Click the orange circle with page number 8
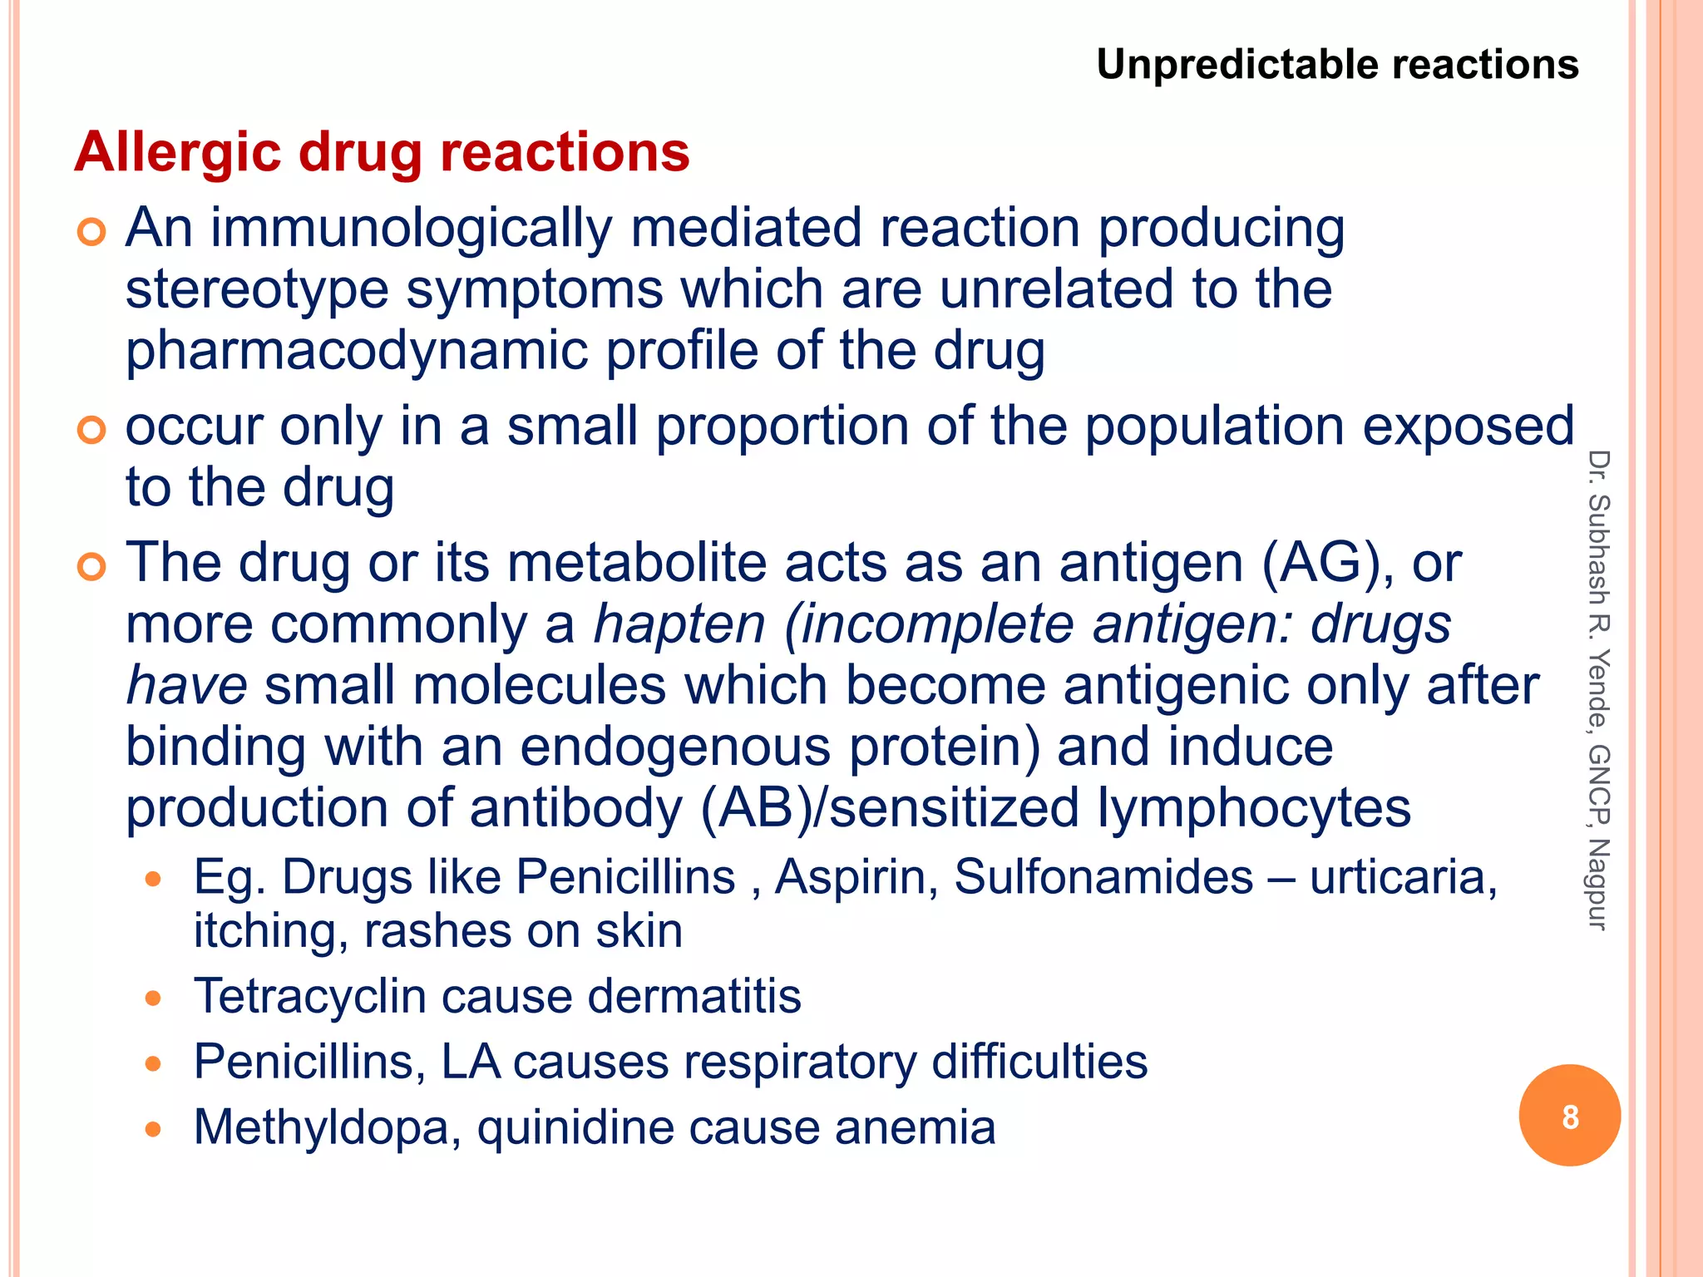(1569, 1116)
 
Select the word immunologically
(411, 229)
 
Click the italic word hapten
(679, 624)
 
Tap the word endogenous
(675, 747)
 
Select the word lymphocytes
(1254, 807)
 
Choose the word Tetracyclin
(309, 996)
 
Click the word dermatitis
(694, 996)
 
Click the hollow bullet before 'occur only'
(91, 430)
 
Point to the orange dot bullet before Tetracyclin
(152, 998)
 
